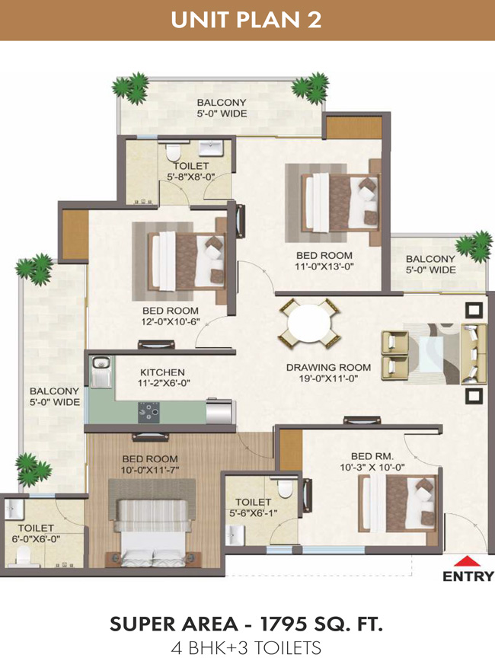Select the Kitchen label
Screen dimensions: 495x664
click(163, 372)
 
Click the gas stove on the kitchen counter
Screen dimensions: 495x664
click(148, 412)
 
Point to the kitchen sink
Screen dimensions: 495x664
click(101, 372)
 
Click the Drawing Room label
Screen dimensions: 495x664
click(328, 367)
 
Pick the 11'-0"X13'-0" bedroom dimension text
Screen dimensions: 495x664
click(324, 267)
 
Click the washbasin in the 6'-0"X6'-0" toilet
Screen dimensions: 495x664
click(13, 509)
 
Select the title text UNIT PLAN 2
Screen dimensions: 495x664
click(246, 20)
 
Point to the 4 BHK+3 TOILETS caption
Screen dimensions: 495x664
click(246, 648)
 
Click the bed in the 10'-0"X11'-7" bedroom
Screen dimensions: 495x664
click(152, 532)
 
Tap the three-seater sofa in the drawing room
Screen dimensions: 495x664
click(474, 354)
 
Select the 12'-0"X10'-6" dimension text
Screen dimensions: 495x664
click(171, 321)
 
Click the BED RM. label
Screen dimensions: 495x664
click(372, 456)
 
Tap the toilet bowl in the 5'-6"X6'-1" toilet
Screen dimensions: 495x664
click(285, 489)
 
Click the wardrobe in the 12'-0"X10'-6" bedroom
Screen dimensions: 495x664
click(75, 235)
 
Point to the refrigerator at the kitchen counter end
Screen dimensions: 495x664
click(219, 411)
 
